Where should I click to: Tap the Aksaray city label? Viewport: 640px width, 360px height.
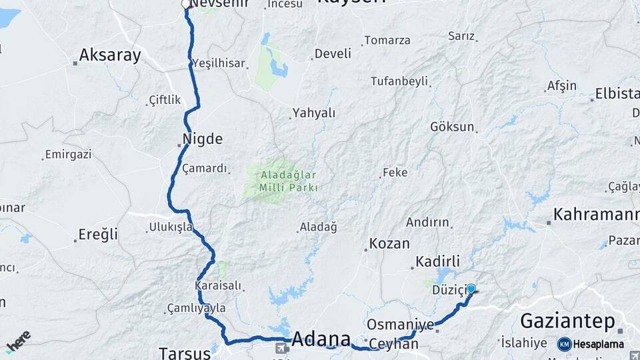[110, 55]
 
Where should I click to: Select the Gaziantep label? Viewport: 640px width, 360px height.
[567, 321]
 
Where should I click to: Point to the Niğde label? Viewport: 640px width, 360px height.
[201, 140]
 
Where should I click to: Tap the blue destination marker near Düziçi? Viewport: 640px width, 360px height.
[471, 289]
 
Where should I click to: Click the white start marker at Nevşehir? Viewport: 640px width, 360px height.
[186, 4]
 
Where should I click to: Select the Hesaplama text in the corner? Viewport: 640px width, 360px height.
[598, 344]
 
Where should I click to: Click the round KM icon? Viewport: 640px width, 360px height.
[564, 344]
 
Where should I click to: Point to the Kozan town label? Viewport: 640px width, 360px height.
[390, 243]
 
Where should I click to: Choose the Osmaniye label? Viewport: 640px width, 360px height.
[400, 325]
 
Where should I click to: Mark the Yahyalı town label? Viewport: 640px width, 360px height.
[315, 113]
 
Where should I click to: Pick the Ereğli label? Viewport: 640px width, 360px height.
[98, 235]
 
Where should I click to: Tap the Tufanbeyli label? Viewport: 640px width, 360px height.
[399, 81]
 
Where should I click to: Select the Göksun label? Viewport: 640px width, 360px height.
[453, 127]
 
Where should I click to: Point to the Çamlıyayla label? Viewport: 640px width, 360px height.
[199, 308]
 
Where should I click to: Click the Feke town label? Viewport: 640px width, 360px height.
[395, 173]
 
